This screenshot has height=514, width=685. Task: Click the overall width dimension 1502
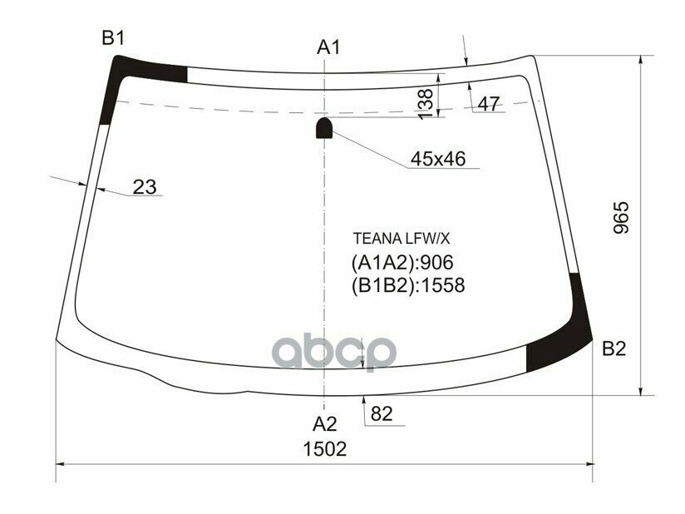point(323,449)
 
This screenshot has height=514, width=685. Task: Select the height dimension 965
point(623,218)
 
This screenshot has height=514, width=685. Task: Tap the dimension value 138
point(426,103)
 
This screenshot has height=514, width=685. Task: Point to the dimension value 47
point(490,104)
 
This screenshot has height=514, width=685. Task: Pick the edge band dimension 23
point(145,187)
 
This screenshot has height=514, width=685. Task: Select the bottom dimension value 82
point(381,413)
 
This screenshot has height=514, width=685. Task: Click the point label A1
point(328,47)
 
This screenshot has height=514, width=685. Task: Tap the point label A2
point(324,423)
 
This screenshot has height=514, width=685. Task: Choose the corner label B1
point(113,37)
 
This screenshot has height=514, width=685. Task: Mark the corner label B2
point(614,348)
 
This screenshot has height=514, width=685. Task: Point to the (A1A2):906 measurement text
point(403,263)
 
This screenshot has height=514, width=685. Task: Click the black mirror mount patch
point(324,127)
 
